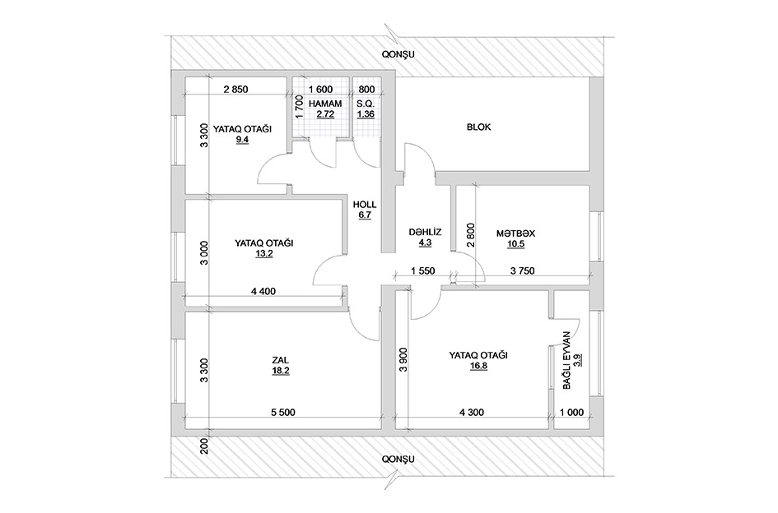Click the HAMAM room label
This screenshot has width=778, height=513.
325,104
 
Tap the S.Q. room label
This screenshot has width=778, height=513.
366,104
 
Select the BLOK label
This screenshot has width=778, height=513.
478,127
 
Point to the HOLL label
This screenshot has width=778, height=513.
365,204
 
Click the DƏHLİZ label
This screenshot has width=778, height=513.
425,232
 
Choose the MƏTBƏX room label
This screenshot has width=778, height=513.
515,233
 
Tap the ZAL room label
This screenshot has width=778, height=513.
281,360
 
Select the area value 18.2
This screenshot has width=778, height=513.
281,370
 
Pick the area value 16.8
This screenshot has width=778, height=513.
478,367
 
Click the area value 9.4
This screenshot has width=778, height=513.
242,139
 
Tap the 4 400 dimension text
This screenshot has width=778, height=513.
263,292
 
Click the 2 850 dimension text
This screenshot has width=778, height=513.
235,90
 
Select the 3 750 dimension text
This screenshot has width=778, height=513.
523,271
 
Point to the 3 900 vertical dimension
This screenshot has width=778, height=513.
403,359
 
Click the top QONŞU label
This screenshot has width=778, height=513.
398,54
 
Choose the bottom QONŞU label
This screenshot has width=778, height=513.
398,459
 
